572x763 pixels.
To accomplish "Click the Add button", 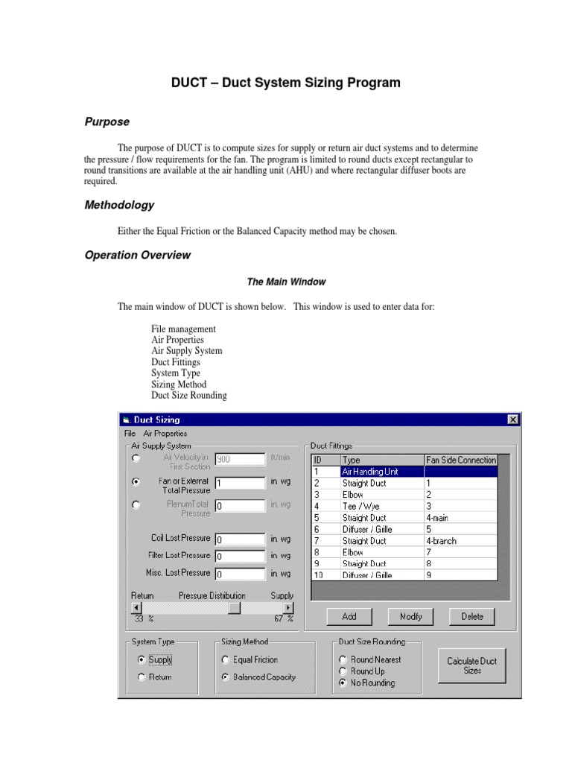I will point(349,616).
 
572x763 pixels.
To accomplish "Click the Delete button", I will point(471,616).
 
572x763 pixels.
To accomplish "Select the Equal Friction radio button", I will point(226,659).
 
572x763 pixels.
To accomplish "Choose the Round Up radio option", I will point(343,671).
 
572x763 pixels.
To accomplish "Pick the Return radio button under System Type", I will point(142,677).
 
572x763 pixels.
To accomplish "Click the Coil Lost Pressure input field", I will point(240,538).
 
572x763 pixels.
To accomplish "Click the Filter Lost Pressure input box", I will point(240,556).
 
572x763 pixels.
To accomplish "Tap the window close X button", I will point(512,420).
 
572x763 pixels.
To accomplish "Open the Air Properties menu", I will point(165,433).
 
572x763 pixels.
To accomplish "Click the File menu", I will point(130,433).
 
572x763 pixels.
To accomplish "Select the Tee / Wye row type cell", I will point(381,506).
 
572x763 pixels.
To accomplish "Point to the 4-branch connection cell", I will point(460,541).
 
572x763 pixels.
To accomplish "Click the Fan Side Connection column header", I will point(460,460).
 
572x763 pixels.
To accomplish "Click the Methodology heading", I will point(119,205).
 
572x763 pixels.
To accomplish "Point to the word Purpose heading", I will point(107,121).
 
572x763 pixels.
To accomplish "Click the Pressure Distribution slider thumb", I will point(234,607).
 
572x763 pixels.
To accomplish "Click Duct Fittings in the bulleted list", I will point(176,362).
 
